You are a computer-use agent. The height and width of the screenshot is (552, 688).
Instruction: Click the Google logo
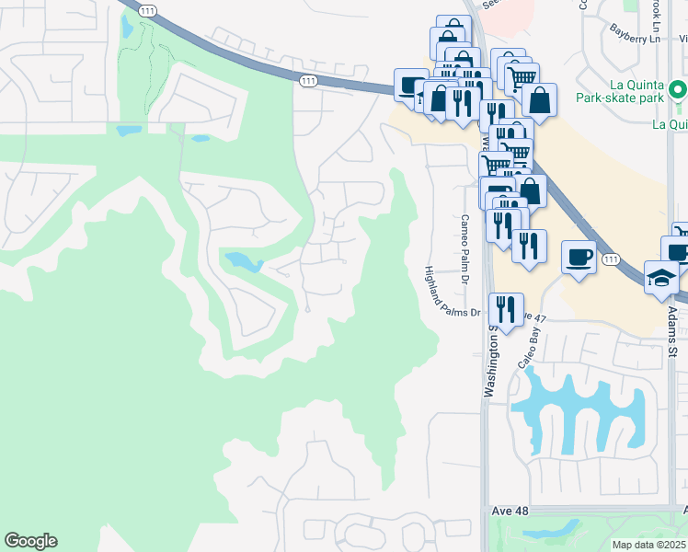pos(30,541)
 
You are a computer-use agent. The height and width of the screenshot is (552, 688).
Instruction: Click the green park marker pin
pos(678,90)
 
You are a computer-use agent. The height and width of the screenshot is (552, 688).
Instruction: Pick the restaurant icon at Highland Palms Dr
pos(506,306)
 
